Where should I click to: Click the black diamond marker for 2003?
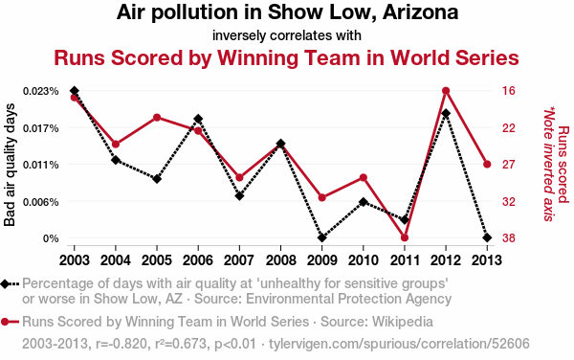[75, 91]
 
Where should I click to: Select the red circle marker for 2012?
[446, 91]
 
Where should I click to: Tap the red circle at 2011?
[405, 237]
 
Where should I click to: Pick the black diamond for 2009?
[322, 237]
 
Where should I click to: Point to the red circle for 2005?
[157, 118]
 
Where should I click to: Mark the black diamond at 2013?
[487, 237]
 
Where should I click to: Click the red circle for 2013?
[487, 164]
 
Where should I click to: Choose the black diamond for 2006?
[198, 119]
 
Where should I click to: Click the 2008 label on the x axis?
[280, 260]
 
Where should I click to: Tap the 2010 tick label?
[364, 260]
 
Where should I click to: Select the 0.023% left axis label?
[40, 91]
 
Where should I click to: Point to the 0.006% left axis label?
[40, 202]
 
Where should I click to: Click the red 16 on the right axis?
[509, 91]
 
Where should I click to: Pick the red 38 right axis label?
[509, 238]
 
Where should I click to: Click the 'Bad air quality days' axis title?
[10, 165]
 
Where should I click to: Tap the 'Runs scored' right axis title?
[563, 164]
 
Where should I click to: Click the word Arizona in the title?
[421, 12]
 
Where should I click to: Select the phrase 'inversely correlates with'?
[287, 35]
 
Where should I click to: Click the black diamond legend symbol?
[5, 284]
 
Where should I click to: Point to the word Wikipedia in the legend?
[403, 322]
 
